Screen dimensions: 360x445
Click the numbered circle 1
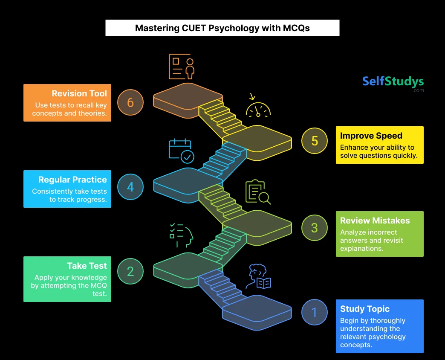pyautogui.click(x=314, y=312)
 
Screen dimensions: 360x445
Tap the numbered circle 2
pyautogui.click(x=130, y=271)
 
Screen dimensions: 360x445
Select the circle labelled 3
pyautogui.click(x=314, y=227)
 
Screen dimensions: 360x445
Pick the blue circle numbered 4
pyautogui.click(x=130, y=187)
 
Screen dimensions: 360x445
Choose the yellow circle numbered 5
pyautogui.click(x=314, y=141)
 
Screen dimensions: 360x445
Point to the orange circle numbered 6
pyautogui.click(x=130, y=102)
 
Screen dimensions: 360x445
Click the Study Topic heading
pyautogui.click(x=365, y=309)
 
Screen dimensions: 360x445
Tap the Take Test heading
pyautogui.click(x=87, y=266)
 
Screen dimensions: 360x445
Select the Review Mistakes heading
pyautogui.click(x=375, y=221)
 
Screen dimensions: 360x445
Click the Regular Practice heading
pyautogui.click(x=72, y=180)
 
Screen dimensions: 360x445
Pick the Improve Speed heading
pyautogui.click(x=371, y=136)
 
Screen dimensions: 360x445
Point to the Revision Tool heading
pyautogui.click(x=79, y=93)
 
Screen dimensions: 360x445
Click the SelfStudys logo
pyautogui.click(x=393, y=82)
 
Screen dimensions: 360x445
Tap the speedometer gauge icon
pyautogui.click(x=258, y=107)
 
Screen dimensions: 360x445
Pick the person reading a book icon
pyautogui.click(x=260, y=278)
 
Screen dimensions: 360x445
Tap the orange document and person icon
pyautogui.click(x=182, y=66)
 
